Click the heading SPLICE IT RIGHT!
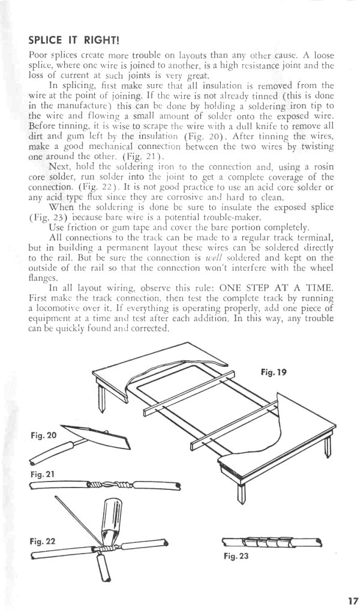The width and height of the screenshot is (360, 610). pos(74,40)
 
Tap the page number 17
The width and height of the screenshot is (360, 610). pos(352,600)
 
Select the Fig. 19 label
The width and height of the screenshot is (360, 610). pos(274,372)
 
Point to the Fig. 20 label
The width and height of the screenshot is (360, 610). pos(43,435)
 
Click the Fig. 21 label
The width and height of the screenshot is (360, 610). pos(43,474)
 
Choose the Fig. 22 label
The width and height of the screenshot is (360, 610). pos(43,540)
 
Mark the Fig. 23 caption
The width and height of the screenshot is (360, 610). pos(235,556)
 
